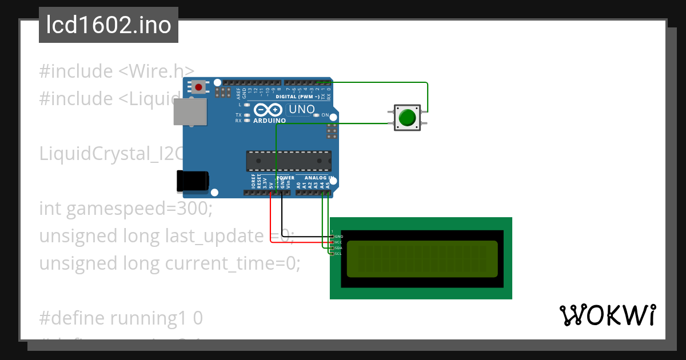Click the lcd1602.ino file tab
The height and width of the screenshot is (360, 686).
pyautogui.click(x=109, y=26)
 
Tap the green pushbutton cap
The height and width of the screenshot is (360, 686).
pyautogui.click(x=407, y=118)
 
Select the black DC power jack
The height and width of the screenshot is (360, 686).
pyautogui.click(x=192, y=181)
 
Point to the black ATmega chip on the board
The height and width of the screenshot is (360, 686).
pyautogui.click(x=288, y=161)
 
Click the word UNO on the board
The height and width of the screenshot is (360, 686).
pyautogui.click(x=301, y=109)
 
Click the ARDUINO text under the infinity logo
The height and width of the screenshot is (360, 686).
pyautogui.click(x=269, y=121)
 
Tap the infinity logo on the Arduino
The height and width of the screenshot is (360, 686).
pyautogui.click(x=268, y=110)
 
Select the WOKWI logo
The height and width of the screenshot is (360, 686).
pyautogui.click(x=607, y=315)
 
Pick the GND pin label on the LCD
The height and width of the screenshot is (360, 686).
pyautogui.click(x=338, y=236)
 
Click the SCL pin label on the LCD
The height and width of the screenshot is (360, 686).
pyautogui.click(x=338, y=254)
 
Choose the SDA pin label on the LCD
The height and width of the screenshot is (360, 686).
pyautogui.click(x=338, y=248)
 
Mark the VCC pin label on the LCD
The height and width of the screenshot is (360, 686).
pyautogui.click(x=338, y=242)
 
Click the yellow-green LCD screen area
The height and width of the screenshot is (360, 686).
pyautogui.click(x=422, y=259)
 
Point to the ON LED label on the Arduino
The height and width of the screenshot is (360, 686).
pyautogui.click(x=325, y=115)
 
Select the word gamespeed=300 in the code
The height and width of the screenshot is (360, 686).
pyautogui.click(x=139, y=209)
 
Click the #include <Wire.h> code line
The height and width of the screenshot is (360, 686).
pyautogui.click(x=117, y=71)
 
